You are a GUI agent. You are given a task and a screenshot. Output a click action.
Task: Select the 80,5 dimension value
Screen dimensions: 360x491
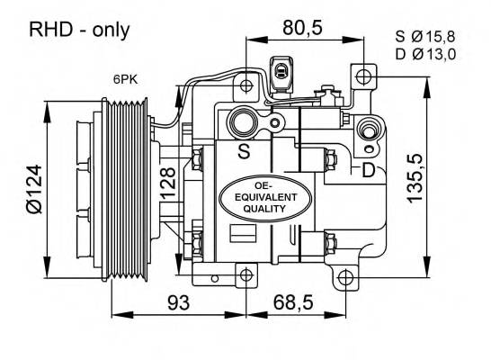click(301, 28)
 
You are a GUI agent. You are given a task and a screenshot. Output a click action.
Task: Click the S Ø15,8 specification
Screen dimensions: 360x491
click(425, 37)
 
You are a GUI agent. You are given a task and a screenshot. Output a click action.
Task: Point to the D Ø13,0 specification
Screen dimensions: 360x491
click(425, 55)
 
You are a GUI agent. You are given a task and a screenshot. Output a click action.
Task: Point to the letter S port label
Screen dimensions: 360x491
click(244, 151)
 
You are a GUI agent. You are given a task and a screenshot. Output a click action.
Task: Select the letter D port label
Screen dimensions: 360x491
click(367, 171)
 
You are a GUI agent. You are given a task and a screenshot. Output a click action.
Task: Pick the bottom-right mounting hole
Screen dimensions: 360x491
click(343, 276)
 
